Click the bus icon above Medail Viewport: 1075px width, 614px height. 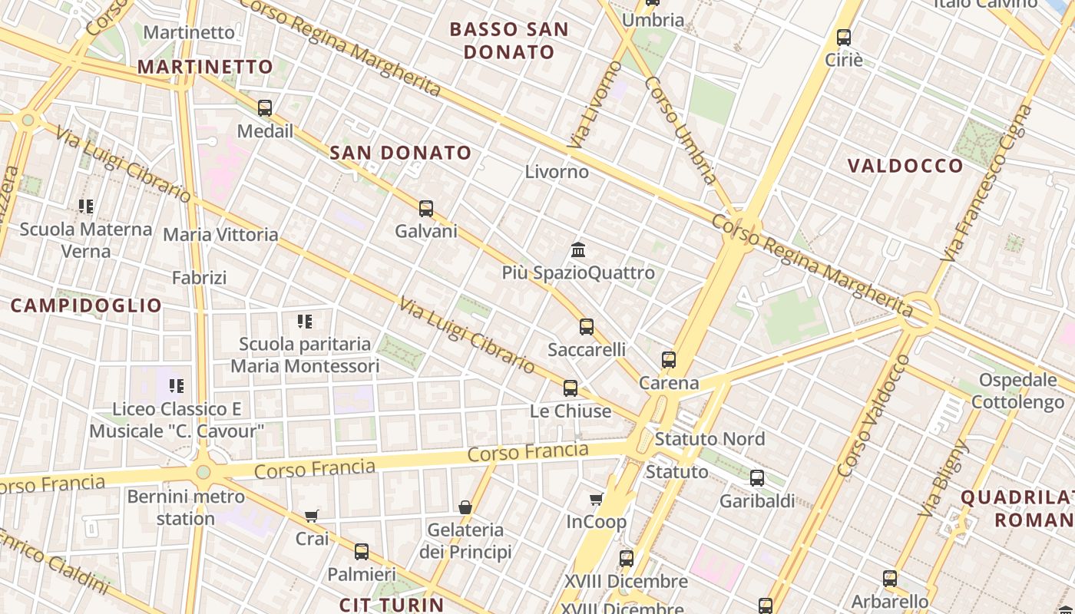tap(265, 108)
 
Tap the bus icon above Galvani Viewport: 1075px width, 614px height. tap(426, 208)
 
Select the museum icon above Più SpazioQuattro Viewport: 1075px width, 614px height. tap(578, 250)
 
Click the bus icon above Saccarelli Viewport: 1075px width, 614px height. tap(587, 327)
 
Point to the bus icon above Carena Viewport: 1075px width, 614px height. tap(669, 360)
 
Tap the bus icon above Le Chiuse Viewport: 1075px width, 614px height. tap(571, 388)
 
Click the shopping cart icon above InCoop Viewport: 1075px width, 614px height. tap(597, 500)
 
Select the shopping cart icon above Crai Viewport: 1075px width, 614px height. tap(312, 517)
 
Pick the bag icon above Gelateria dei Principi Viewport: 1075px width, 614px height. tap(465, 507)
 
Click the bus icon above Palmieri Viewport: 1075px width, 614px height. tap(362, 551)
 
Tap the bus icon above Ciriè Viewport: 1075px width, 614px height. tap(844, 37)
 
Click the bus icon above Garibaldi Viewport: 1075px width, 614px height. tap(757, 478)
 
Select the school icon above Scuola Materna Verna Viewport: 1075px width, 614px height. tap(86, 206)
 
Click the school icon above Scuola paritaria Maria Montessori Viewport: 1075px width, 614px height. tap(305, 322)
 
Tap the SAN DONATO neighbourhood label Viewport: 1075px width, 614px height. tap(400, 153)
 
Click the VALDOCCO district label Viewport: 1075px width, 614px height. tap(905, 166)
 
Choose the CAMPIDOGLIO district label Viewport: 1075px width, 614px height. tap(86, 305)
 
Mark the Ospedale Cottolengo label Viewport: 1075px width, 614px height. tap(1017, 391)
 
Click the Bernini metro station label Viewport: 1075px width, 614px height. tap(186, 507)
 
